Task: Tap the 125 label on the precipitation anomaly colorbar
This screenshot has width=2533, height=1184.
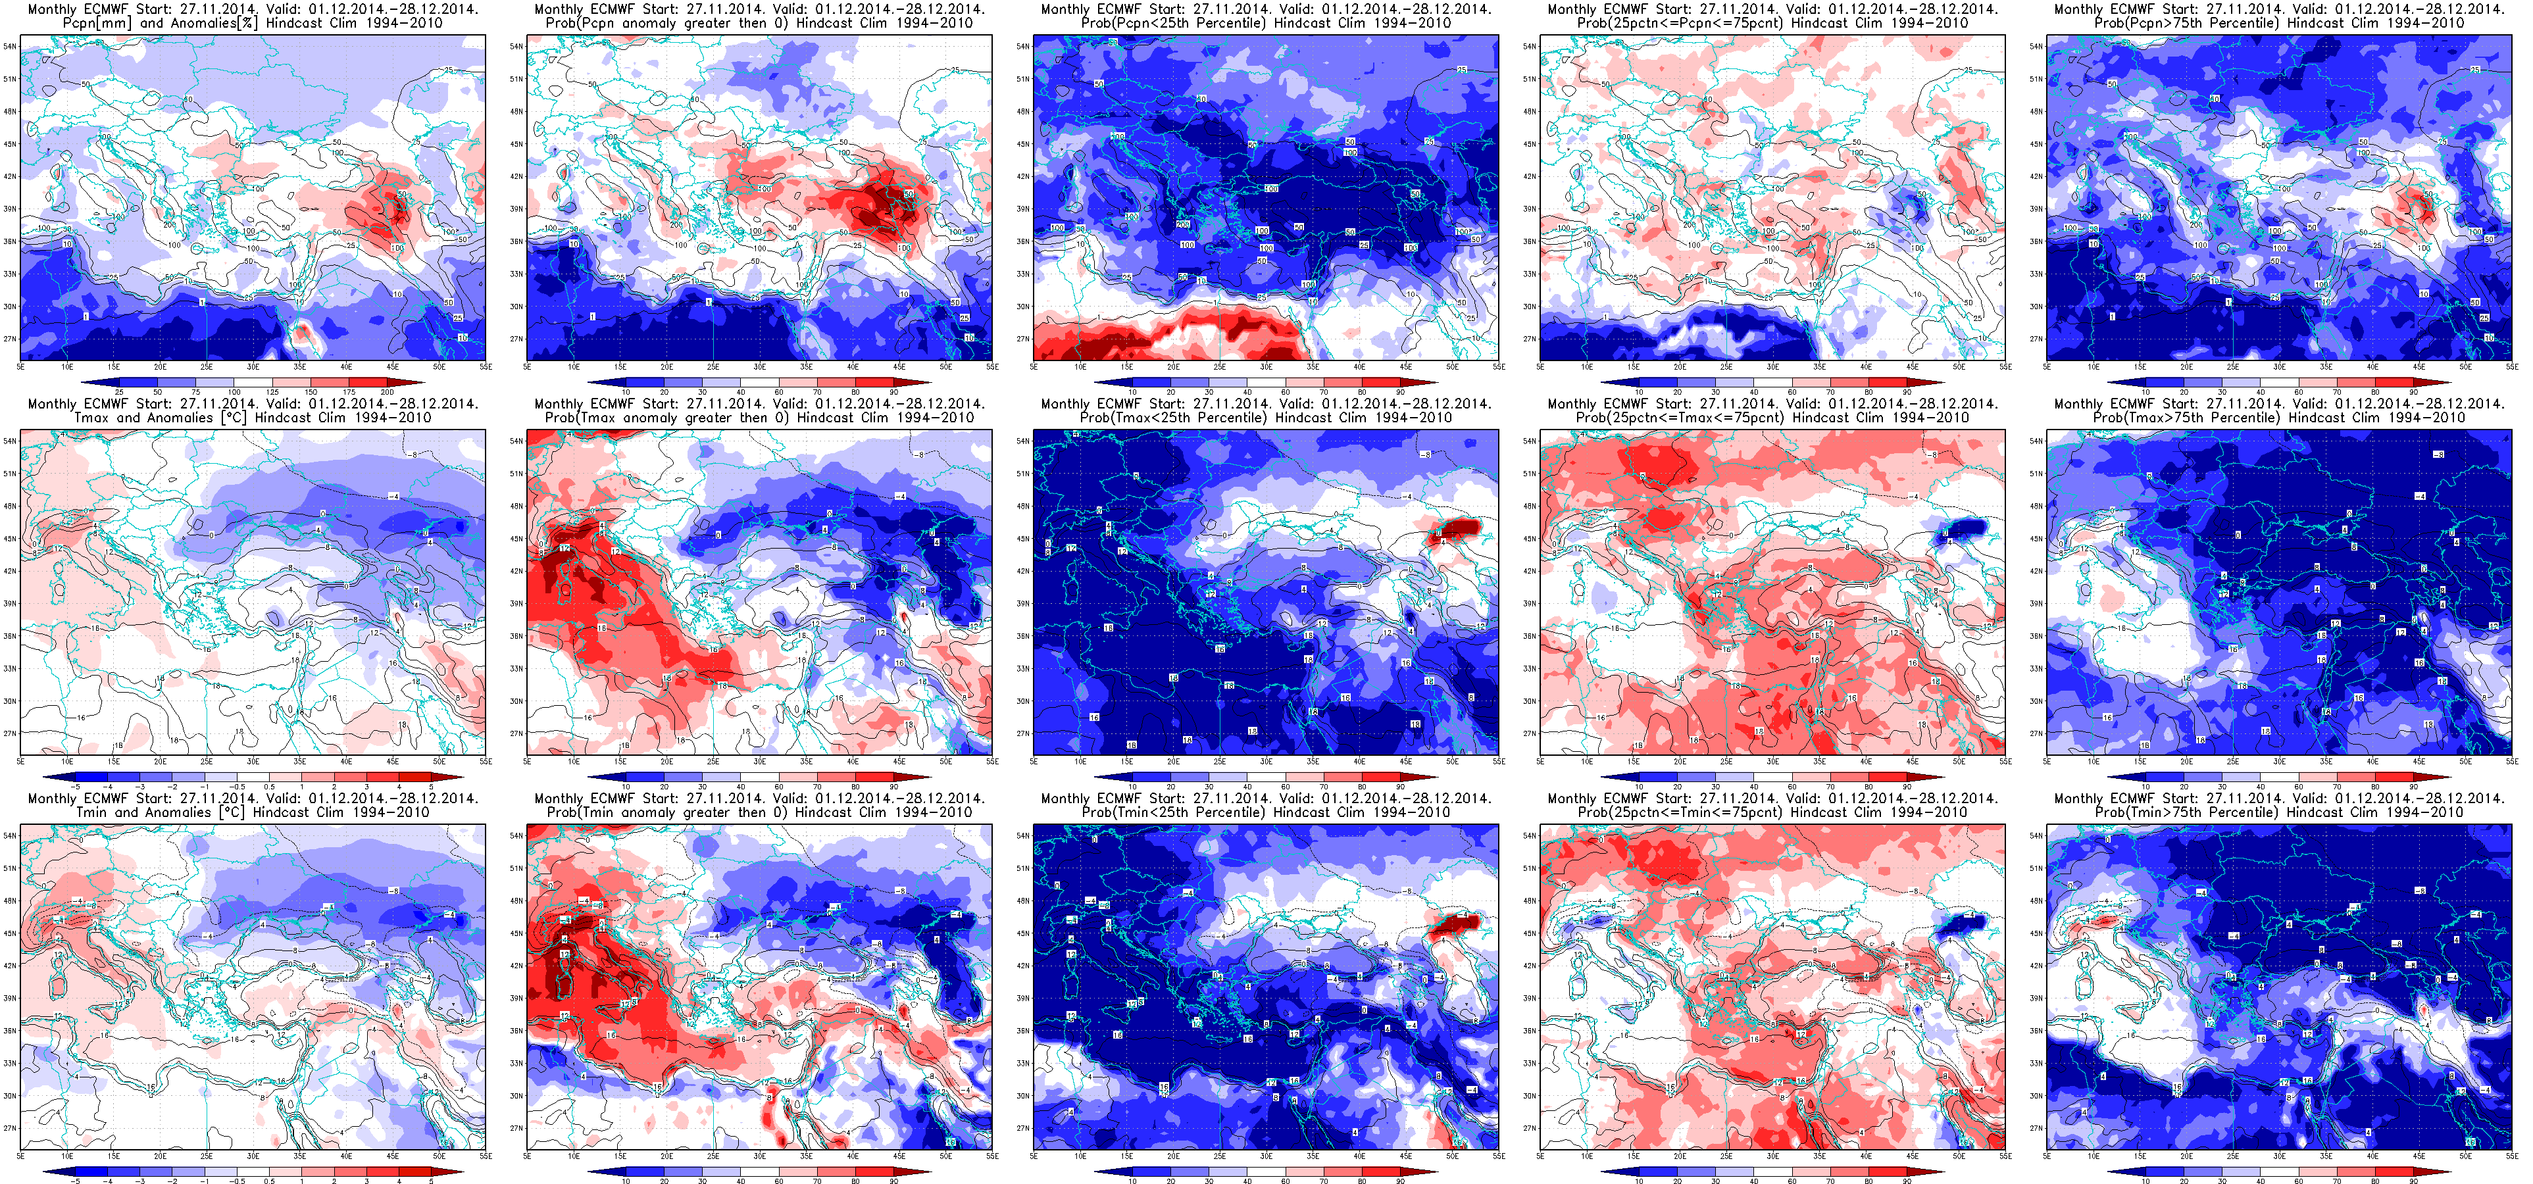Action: point(272,393)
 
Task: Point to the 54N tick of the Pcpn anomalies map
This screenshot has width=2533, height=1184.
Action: point(9,46)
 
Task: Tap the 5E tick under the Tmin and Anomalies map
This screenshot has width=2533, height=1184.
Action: point(20,1156)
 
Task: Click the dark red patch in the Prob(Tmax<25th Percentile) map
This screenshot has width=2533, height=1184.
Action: point(1458,528)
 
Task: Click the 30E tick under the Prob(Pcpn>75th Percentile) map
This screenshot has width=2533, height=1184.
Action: point(2279,367)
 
